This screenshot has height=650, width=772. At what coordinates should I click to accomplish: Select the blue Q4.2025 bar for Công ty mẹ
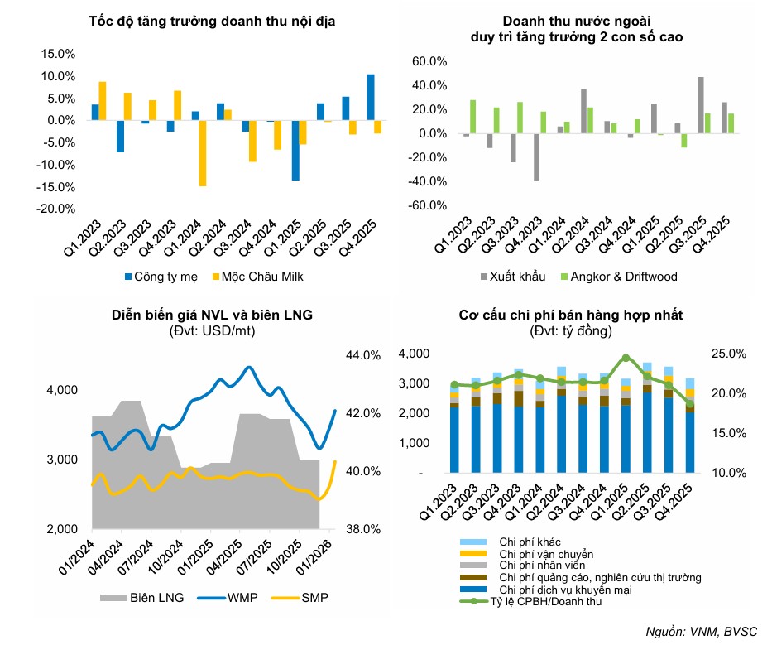coord(370,98)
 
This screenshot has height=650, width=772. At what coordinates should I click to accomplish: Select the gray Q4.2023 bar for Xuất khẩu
coord(536,157)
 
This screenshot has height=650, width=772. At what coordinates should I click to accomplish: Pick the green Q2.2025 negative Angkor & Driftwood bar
coord(684,140)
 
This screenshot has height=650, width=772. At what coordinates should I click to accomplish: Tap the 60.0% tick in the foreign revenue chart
coord(429,62)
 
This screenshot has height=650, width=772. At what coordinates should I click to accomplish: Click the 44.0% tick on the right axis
coord(361,355)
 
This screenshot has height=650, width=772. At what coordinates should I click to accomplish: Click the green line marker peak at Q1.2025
coord(626,358)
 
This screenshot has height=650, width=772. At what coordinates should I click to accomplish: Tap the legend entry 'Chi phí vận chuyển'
coord(547,553)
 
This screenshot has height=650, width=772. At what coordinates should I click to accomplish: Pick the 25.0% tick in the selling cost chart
coord(729,354)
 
